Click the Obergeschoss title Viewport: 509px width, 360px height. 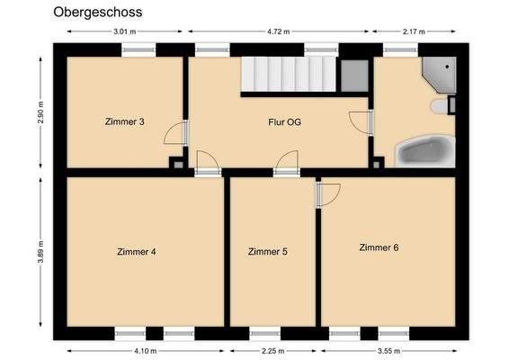pos(97,13)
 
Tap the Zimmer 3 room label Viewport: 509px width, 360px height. pos(125,121)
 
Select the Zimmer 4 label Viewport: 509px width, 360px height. pos(137,252)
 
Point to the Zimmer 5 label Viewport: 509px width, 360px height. pos(268,252)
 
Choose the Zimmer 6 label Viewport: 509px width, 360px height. pos(379,247)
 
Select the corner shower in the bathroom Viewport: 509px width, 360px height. pos(440,74)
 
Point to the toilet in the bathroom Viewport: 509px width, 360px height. pos(441,106)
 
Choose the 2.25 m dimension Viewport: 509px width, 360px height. pos(272,351)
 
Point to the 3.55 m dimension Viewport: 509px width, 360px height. pos(388,351)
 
